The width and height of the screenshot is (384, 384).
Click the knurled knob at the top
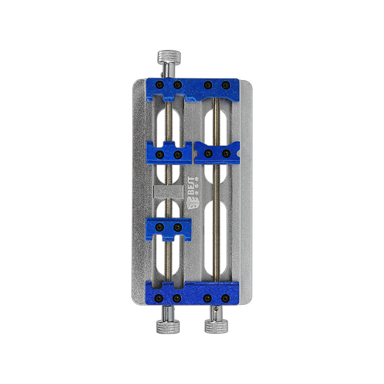pyautogui.click(x=168, y=58)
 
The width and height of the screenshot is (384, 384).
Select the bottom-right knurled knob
pyautogui.click(x=216, y=326)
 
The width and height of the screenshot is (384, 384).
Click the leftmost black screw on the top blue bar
pyautogui.click(x=161, y=85)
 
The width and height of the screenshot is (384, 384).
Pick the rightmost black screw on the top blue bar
pyautogui.click(x=226, y=85)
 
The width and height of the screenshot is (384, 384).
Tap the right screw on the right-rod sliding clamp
pyautogui.click(x=226, y=153)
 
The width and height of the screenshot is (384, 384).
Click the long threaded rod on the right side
pyautogui.click(x=217, y=216)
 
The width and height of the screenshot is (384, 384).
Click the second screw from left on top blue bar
pyautogui.click(x=178, y=85)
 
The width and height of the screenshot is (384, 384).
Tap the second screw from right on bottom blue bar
pyautogui.click(x=208, y=298)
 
